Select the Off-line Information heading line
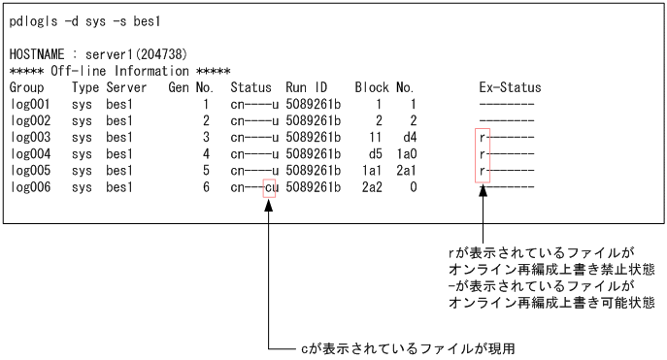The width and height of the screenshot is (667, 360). [119, 71]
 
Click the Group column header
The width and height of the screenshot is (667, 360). [26, 87]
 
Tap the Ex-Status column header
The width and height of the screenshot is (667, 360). [510, 87]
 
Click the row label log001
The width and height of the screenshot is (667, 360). [29, 104]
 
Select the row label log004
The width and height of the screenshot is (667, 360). [29, 153]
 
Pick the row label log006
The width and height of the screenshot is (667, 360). [29, 186]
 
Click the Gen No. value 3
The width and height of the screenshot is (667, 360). [206, 137]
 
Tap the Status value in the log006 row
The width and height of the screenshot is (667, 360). [255, 186]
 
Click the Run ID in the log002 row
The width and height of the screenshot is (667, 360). [314, 120]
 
